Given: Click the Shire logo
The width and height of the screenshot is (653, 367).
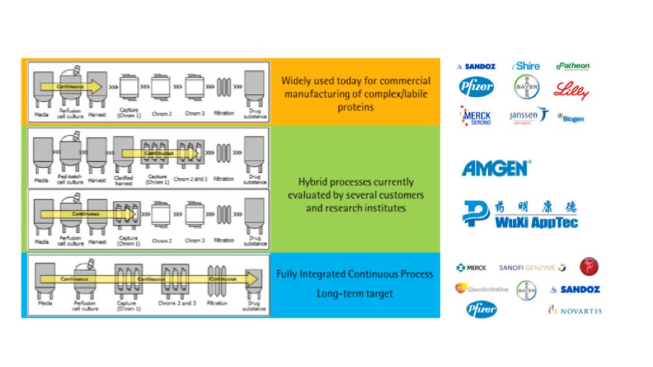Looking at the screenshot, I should coord(526,66).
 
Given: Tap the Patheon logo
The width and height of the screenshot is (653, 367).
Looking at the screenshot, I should coord(573,66).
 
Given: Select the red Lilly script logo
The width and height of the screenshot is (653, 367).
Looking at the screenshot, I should coord(571,90).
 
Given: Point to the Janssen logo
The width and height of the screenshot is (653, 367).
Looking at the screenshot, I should coord(529,116).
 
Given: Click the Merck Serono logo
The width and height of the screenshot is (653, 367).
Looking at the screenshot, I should coord(477,116).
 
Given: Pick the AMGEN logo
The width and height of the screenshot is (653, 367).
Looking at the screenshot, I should coord(496,168).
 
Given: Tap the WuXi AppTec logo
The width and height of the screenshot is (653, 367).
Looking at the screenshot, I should coord(520,214).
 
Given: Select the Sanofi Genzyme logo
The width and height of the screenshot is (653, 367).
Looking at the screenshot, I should coord(532,267).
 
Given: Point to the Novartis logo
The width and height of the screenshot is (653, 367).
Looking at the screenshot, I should coord(575,310).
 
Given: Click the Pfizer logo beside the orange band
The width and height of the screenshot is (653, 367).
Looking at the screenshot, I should coord(476,88).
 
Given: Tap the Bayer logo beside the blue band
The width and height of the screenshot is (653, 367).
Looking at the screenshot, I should coord(526,290).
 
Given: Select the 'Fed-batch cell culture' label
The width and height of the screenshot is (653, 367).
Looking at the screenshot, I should coord(70,180).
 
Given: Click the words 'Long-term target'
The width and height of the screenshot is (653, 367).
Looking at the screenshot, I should coord(354,294).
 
